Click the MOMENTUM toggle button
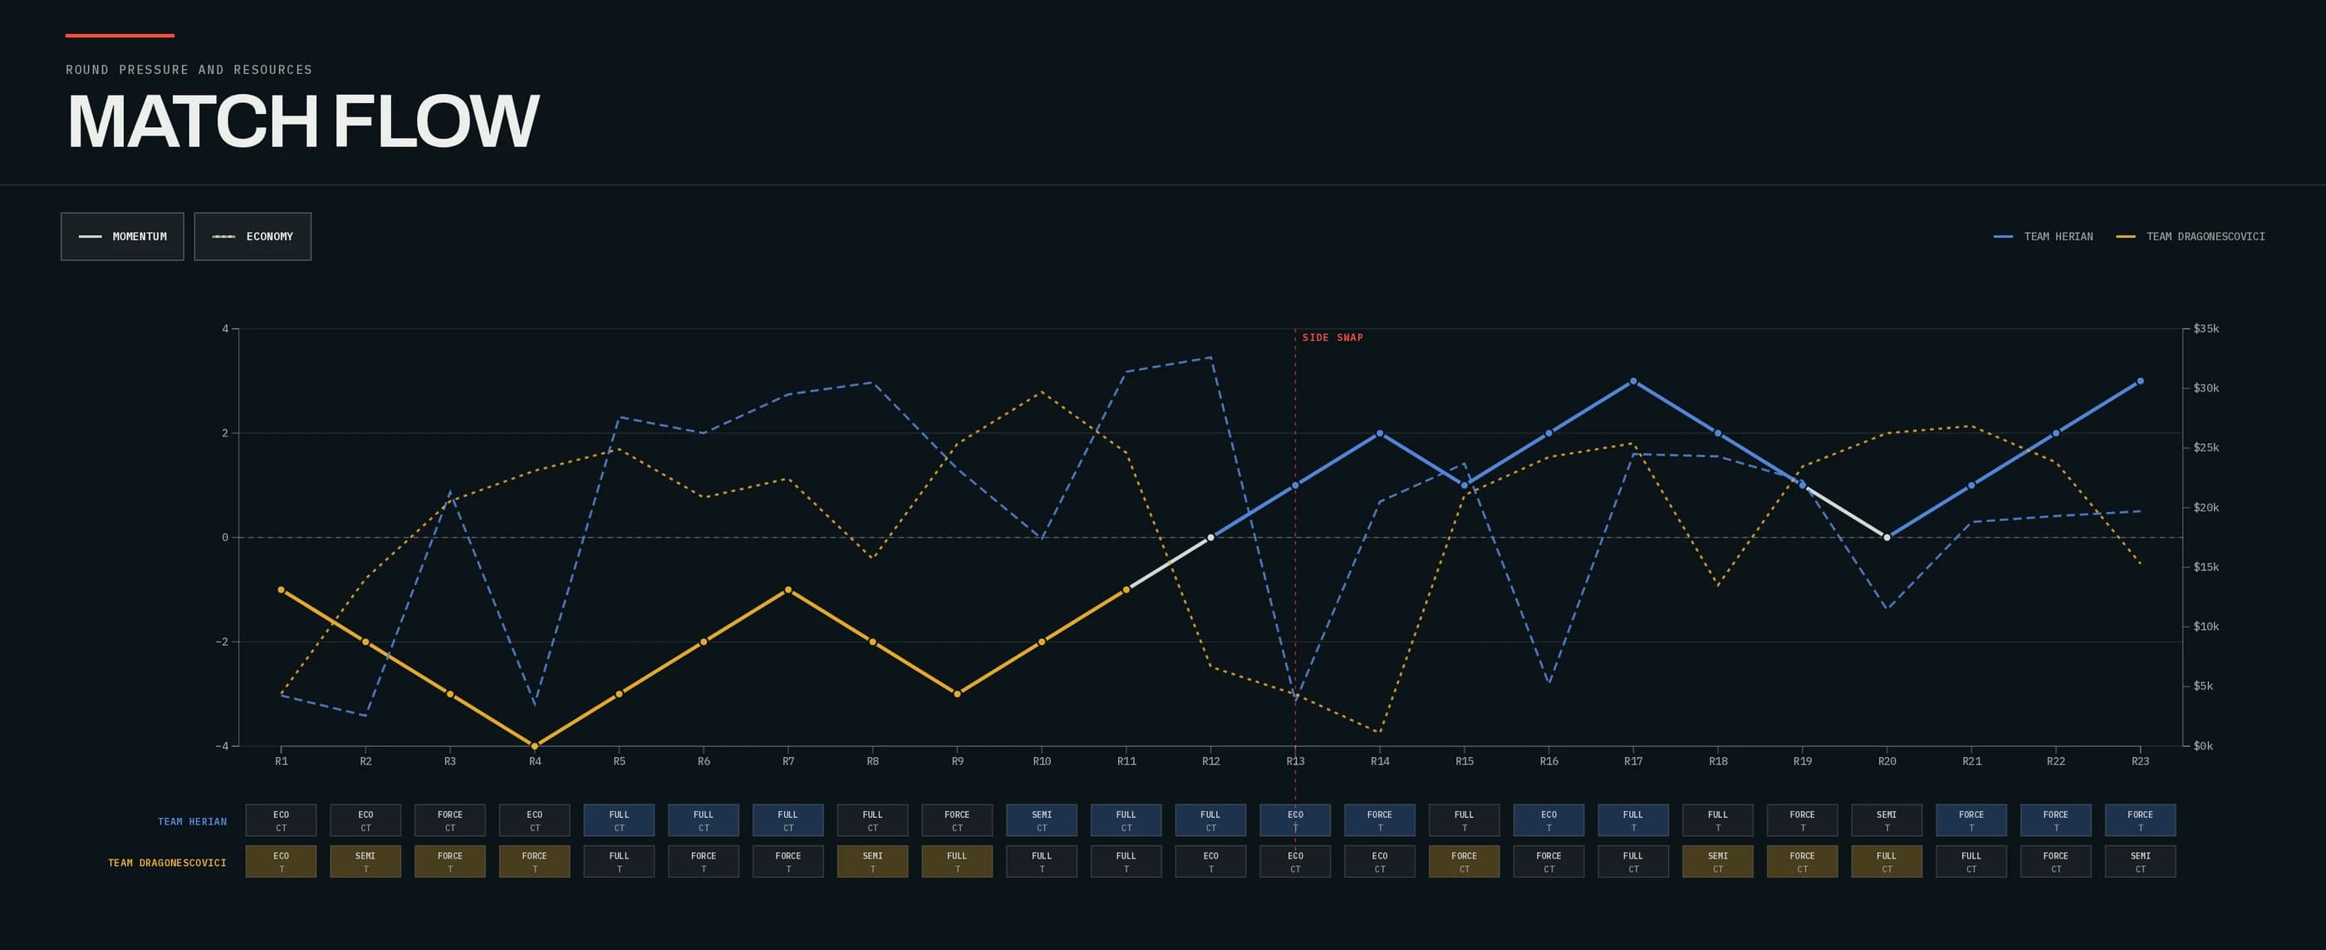pos(122,237)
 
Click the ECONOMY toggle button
pos(253,237)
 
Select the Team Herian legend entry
pos(2043,237)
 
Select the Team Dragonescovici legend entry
pos(2191,237)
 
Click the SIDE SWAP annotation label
pos(1332,337)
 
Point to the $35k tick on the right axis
pos(2205,328)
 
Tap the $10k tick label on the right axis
pos(2205,627)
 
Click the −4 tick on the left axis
pos(222,746)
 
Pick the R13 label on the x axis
pos(1295,761)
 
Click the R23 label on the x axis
pos(2140,761)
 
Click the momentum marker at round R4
pos(534,746)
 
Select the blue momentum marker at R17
pos(1632,381)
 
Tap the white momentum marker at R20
pos(1887,537)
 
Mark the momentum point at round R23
pos(2140,381)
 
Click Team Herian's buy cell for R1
pos(281,820)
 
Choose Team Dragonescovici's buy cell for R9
pos(957,862)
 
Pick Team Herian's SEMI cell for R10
pos(1041,820)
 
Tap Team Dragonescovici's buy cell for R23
pos(2140,862)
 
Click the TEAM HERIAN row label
pos(193,822)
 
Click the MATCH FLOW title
pos(303,121)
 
